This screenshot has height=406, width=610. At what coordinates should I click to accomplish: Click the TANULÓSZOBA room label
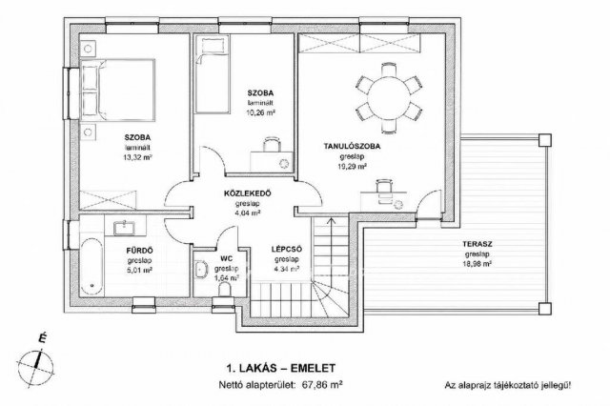[352, 147]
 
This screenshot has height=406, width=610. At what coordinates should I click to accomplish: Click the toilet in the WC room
[225, 290]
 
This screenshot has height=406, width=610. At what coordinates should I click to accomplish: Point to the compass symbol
[36, 364]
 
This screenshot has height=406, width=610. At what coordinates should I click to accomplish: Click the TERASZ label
[478, 245]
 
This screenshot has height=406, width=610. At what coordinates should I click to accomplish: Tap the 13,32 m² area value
[137, 157]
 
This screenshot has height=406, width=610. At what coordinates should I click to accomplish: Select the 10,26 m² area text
[260, 113]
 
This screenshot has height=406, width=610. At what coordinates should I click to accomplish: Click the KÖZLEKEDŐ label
[248, 193]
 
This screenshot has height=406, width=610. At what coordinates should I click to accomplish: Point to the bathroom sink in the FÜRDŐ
[125, 228]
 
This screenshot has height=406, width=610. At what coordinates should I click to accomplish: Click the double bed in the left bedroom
[117, 91]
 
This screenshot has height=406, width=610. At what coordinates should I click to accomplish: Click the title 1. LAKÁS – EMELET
[280, 368]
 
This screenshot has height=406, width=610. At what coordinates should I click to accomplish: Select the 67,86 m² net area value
[322, 385]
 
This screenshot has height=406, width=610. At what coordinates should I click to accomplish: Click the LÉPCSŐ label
[287, 250]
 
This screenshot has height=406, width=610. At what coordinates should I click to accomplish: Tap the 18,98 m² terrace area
[477, 264]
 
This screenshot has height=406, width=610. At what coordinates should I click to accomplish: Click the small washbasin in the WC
[201, 270]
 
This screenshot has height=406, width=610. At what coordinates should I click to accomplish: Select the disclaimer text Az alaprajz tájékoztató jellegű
[507, 386]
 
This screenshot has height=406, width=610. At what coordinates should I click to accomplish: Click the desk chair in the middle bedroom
[272, 145]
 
